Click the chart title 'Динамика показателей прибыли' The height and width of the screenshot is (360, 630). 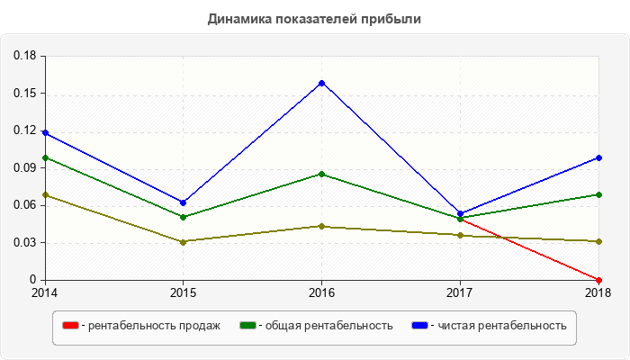314,18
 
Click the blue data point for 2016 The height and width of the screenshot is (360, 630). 321,83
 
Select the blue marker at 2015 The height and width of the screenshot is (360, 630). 183,202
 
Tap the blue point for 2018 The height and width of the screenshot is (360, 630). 598,157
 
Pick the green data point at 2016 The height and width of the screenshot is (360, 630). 321,174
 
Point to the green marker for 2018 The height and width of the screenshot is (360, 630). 598,194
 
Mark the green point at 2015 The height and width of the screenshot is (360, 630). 183,217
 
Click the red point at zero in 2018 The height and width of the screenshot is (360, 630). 598,279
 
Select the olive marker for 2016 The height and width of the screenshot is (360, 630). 321,226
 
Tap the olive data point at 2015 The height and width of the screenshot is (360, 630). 183,241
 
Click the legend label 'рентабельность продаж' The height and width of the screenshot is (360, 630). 154,326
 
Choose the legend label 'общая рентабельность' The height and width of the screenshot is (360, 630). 328,326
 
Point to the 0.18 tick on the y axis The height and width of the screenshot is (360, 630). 24,56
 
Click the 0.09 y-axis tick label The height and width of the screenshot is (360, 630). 24,167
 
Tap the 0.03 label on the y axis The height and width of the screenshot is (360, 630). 24,242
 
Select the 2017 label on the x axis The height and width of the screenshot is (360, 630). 460,292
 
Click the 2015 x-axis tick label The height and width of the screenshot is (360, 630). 183,292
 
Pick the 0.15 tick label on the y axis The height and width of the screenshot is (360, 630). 24,93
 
